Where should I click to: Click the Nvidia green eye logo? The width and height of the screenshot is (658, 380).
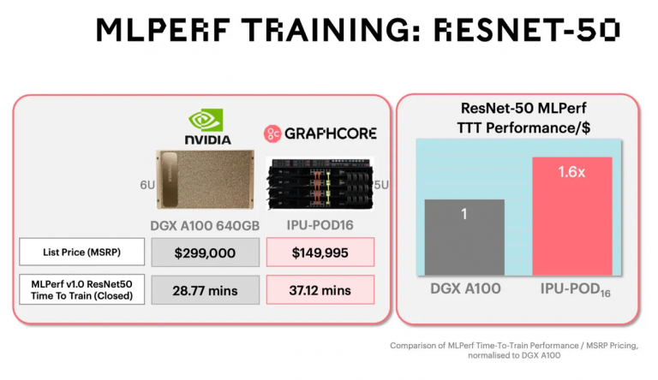tap(206, 121)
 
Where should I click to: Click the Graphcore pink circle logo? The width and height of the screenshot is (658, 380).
tap(272, 134)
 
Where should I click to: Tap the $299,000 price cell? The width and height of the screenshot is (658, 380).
tap(206, 252)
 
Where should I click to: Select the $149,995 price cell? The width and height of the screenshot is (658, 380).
tap(320, 252)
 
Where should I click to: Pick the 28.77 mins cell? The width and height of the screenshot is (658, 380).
tap(206, 290)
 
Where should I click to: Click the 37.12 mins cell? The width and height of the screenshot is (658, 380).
tap(320, 290)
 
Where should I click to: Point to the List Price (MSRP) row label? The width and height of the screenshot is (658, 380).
tap(82, 252)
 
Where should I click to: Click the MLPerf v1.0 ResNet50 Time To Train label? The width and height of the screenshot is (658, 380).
tap(82, 289)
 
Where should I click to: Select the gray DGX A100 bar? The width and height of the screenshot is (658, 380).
tap(464, 237)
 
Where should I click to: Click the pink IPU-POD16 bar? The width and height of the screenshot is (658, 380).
tap(572, 216)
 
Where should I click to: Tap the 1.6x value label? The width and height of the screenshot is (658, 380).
tap(571, 172)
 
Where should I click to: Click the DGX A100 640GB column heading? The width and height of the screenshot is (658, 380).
tap(205, 226)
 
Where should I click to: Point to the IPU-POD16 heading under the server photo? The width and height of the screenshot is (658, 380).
tap(320, 225)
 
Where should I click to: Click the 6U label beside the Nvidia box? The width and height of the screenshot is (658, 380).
tap(147, 185)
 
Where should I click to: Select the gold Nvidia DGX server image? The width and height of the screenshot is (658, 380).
tap(206, 179)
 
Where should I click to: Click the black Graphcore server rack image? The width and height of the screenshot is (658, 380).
tap(320, 183)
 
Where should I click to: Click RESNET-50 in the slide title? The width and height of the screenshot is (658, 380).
tap(527, 30)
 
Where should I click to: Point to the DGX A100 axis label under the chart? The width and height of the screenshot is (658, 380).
tap(465, 288)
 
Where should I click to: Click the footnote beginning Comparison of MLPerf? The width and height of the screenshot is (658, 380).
tap(514, 350)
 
